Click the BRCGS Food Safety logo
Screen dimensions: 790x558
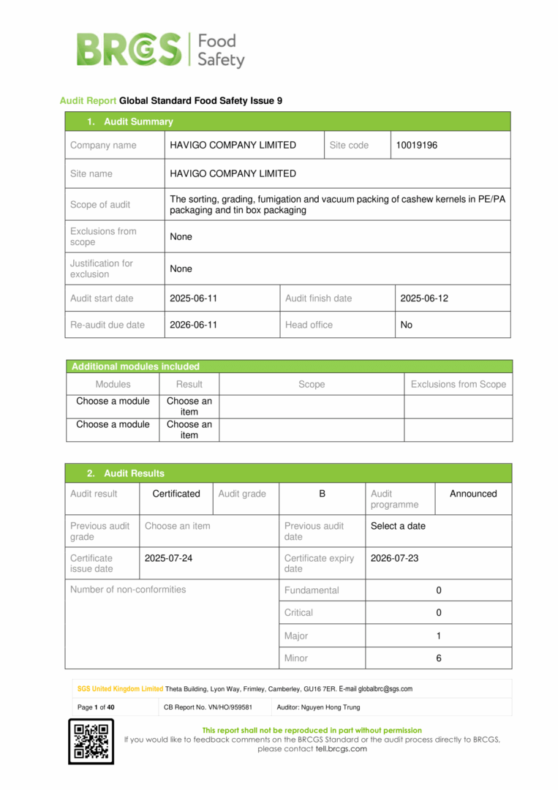[160, 50]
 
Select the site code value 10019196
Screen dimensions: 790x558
[417, 145]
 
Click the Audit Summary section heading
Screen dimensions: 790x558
[138, 121]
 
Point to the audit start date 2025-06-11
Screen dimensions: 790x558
[193, 298]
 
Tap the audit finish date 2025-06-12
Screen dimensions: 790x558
[424, 298]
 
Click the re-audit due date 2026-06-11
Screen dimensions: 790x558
[193, 325]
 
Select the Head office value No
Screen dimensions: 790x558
[407, 325]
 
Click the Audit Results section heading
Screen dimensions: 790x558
[134, 473]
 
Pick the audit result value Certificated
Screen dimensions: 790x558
[176, 494]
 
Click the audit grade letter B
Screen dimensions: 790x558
[322, 494]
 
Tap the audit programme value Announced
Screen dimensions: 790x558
[473, 494]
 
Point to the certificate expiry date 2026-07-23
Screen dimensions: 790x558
[395, 558]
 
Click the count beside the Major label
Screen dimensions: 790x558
[439, 636]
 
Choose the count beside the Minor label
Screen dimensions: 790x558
[439, 658]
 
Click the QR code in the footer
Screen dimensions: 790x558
[91, 741]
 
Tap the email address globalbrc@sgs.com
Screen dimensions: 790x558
[385, 689]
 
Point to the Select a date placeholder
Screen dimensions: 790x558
[398, 526]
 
